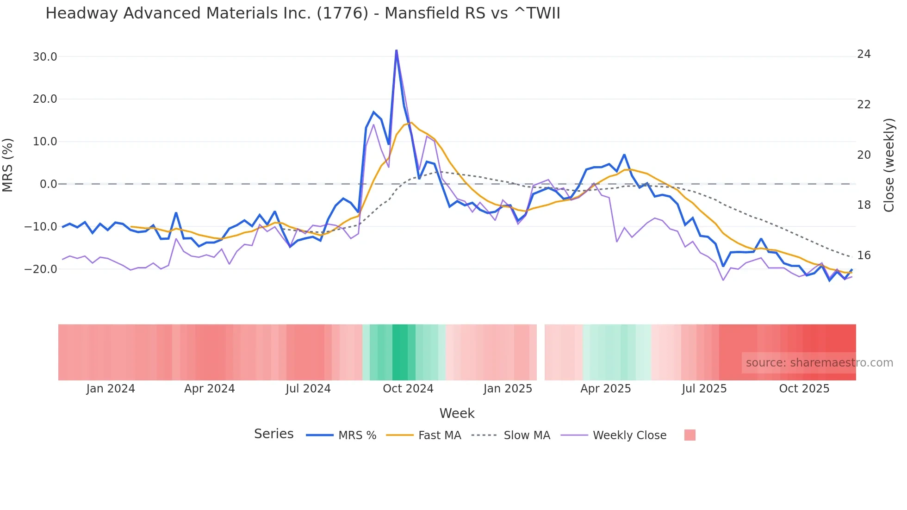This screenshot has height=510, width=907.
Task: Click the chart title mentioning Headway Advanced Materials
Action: pos(303,13)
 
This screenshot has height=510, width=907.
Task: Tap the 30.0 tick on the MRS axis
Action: pos(44,57)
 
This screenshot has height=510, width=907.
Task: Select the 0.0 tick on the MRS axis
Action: pos(48,184)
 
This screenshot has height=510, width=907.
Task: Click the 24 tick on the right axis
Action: pos(864,55)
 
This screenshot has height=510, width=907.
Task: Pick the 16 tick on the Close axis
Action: pos(864,255)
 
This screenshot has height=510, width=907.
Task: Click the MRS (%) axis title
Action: pos(8,165)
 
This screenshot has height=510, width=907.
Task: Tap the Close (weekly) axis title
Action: pos(888,165)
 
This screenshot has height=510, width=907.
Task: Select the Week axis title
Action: pos(457,413)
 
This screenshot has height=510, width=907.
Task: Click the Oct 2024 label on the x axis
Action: pos(408,389)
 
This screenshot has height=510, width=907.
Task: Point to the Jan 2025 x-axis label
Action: pos(508,389)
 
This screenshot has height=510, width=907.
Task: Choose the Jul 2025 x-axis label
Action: pos(704,389)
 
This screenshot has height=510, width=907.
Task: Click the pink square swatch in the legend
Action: pos(690,435)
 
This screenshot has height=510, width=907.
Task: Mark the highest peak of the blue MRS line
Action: pos(396,50)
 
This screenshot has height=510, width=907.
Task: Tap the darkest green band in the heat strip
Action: pos(400,352)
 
